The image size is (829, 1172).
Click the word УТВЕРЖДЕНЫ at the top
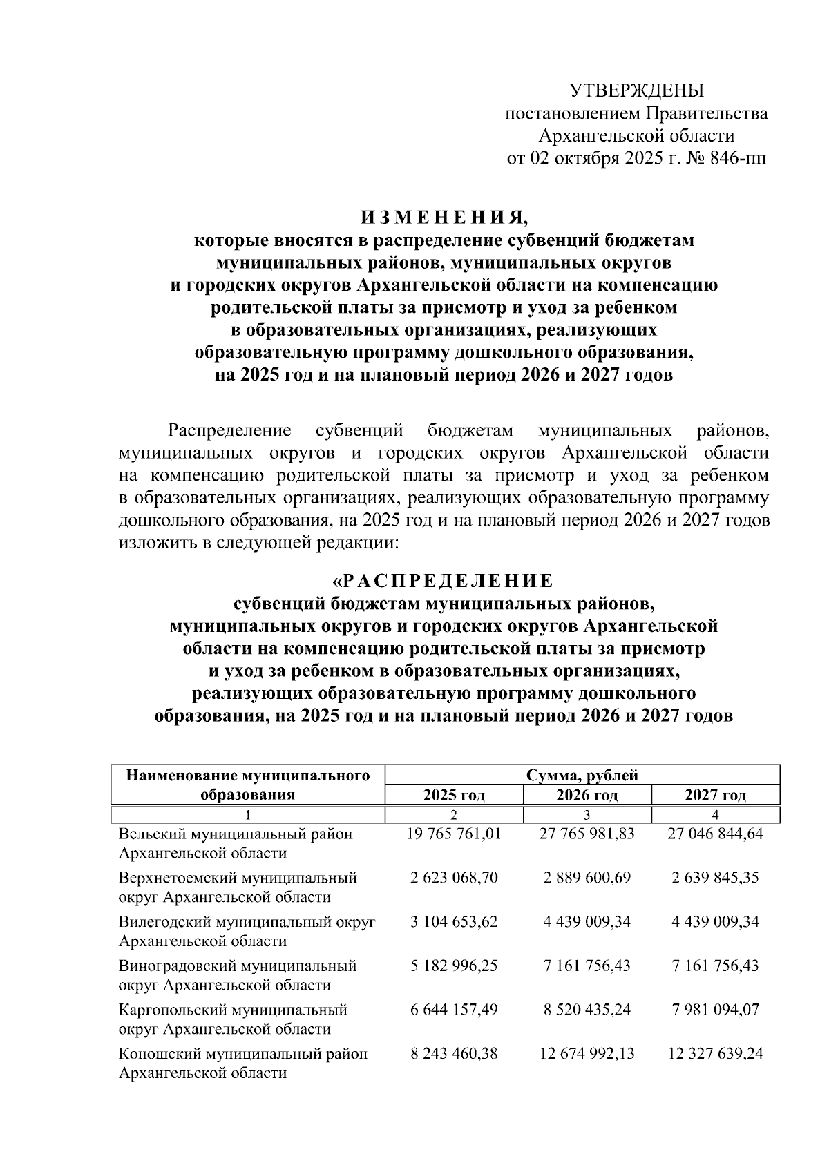pyautogui.click(x=636, y=90)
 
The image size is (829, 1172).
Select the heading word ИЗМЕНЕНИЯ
pyautogui.click(x=444, y=218)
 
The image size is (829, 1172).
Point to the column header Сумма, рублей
pyautogui.click(x=582, y=775)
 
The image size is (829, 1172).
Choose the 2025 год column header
pyautogui.click(x=454, y=795)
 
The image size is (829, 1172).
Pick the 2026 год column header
pyautogui.click(x=587, y=795)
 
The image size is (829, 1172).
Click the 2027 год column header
pyautogui.click(x=715, y=795)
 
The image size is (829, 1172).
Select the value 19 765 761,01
pyautogui.click(x=454, y=834)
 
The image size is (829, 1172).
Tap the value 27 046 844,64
pyautogui.click(x=715, y=834)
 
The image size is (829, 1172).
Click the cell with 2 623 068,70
pyautogui.click(x=454, y=878)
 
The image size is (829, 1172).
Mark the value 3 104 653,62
pyautogui.click(x=454, y=921)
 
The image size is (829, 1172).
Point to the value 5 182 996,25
pyautogui.click(x=454, y=966)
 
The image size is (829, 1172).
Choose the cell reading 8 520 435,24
pyautogui.click(x=587, y=1010)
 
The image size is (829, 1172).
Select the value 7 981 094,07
pyautogui.click(x=715, y=1010)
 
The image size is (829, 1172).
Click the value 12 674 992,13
pyautogui.click(x=587, y=1054)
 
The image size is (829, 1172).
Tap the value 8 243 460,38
pyautogui.click(x=454, y=1054)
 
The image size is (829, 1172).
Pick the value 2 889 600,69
pyautogui.click(x=587, y=878)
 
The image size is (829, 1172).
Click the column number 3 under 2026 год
pyautogui.click(x=587, y=815)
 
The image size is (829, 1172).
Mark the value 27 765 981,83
pyautogui.click(x=587, y=834)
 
